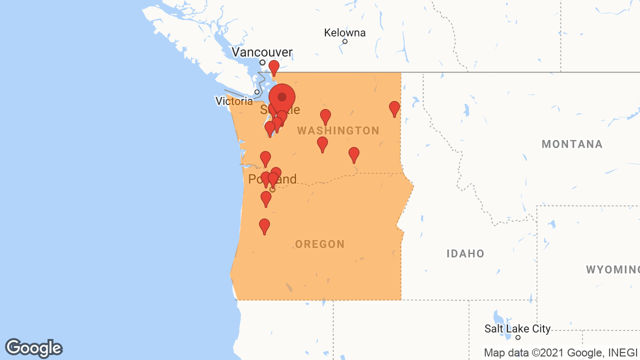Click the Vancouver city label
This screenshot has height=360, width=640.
262,52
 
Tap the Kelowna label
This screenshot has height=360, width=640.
344,33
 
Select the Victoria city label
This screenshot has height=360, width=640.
234,101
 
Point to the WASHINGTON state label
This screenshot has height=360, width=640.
338,131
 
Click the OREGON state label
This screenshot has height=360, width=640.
320,244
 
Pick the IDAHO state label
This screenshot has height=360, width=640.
465,253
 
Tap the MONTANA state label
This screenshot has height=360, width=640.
572,144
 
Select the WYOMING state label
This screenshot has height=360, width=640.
612,270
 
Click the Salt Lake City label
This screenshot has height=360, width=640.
517,329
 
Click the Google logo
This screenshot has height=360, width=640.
34,348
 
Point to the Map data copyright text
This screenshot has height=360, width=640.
560,352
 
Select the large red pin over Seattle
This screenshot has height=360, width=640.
282,97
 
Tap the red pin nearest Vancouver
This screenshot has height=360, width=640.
274,67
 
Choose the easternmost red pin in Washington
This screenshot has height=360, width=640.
394,108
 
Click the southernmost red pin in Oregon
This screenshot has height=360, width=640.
264,225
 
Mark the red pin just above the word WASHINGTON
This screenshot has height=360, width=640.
325,116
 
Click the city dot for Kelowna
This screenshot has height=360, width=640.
345,41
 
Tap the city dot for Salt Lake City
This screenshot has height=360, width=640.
518,337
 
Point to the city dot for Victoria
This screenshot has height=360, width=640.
257,92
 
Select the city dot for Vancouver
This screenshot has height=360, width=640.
262,62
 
